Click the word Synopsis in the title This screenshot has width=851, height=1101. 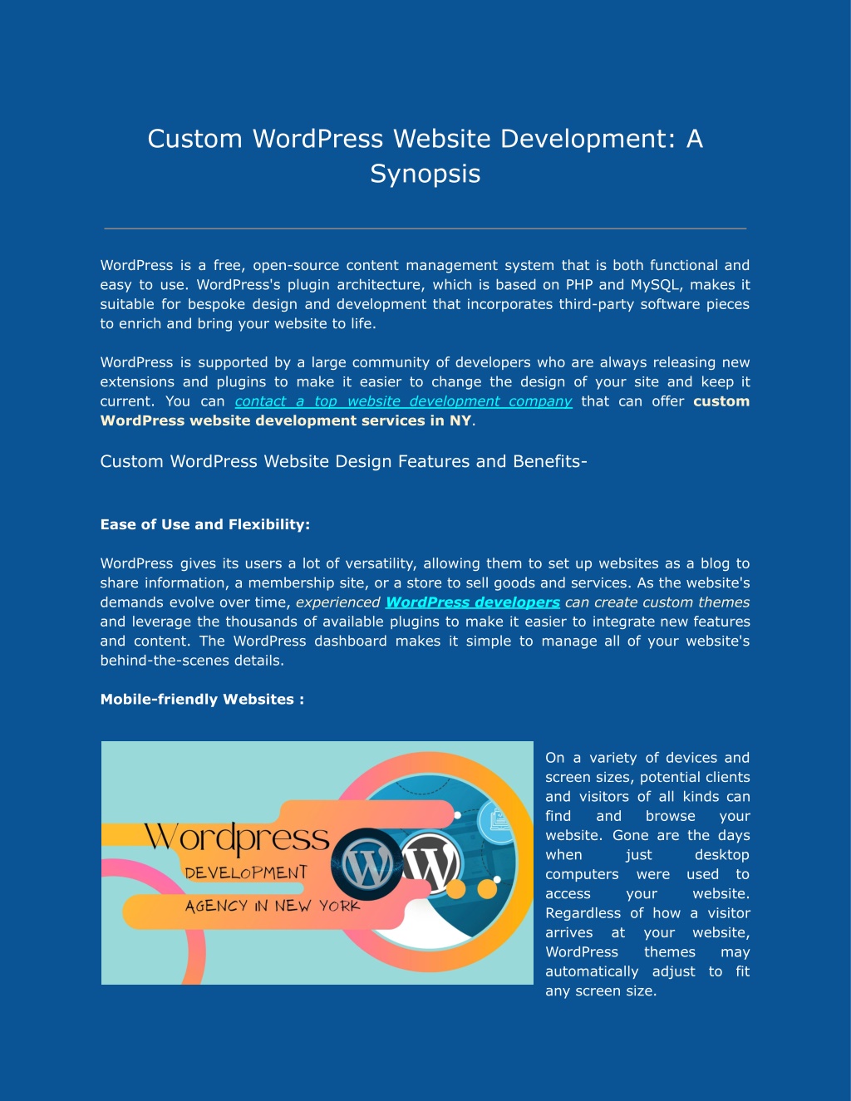(425, 174)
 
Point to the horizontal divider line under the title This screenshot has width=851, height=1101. (425, 229)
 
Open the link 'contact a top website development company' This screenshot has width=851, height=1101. (403, 401)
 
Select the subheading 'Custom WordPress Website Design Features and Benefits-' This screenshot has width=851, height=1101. (343, 461)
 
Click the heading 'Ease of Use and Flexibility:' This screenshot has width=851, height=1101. (204, 524)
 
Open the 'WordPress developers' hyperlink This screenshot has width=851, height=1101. (473, 602)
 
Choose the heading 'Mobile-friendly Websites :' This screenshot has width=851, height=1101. (202, 700)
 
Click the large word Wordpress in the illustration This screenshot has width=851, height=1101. (237, 838)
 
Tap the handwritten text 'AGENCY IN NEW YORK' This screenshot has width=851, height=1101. (273, 906)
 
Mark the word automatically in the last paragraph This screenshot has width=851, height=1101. (592, 972)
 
